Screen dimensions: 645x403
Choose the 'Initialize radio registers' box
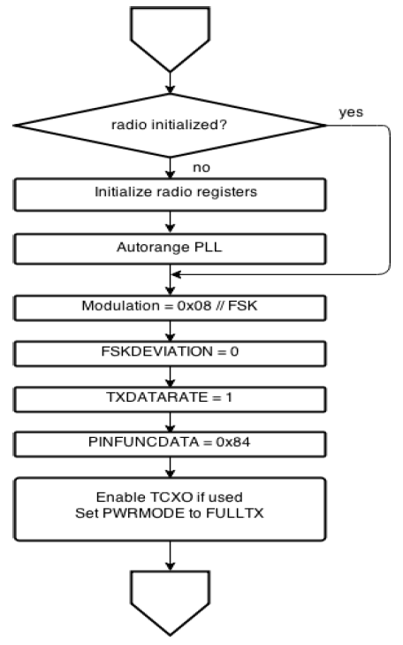click(169, 192)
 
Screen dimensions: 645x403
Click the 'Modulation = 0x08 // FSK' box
click(169, 306)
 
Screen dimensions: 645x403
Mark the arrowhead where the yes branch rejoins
click(177, 275)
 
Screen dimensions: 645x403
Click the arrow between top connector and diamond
click(169, 81)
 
